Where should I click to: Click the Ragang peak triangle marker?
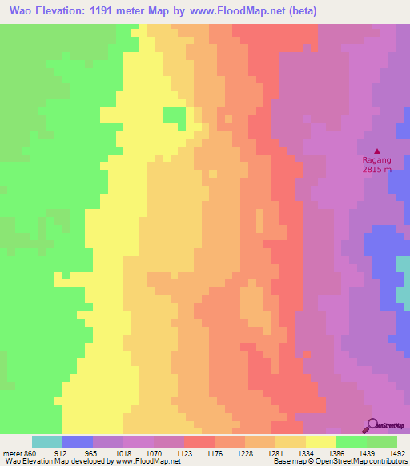pyautogui.click(x=378, y=151)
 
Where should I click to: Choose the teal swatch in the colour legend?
pyautogui.click(x=47, y=441)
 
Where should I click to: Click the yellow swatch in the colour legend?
pyautogui.click(x=320, y=441)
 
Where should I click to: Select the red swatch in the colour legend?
pyautogui.click(x=199, y=441)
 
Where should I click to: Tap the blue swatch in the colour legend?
pyautogui.click(x=78, y=441)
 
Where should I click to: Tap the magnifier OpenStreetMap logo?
pyautogui.click(x=372, y=425)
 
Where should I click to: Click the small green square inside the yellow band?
pyautogui.click(x=174, y=115)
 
